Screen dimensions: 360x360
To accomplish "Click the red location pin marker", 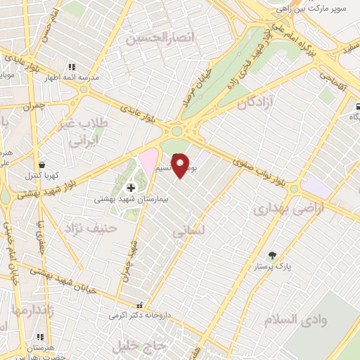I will pyautogui.click(x=181, y=165).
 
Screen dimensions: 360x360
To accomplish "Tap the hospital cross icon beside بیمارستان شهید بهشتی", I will pyautogui.click(x=131, y=188).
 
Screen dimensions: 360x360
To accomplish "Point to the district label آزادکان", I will pyautogui.click(x=254, y=103).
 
